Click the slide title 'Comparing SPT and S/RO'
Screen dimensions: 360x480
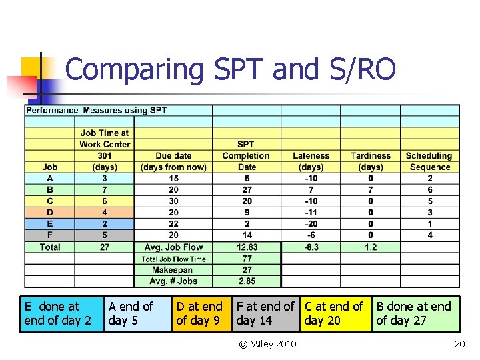click(x=230, y=70)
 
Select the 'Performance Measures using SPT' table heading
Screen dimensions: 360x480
click(x=96, y=110)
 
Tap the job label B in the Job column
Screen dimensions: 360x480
click(x=49, y=190)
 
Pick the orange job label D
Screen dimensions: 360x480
click(x=49, y=213)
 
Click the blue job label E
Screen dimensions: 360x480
click(x=49, y=224)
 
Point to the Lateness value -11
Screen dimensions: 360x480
click(x=311, y=213)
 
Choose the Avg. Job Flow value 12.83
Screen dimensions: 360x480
click(x=247, y=247)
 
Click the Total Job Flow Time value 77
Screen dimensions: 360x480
click(x=247, y=259)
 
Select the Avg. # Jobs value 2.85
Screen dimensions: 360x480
click(x=247, y=281)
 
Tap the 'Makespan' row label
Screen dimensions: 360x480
click(x=173, y=270)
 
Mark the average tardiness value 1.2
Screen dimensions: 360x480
click(x=371, y=247)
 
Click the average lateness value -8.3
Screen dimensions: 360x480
click(x=311, y=247)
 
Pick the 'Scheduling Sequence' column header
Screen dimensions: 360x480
click(x=429, y=161)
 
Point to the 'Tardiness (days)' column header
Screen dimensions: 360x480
click(x=371, y=161)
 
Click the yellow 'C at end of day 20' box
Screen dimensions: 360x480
click(x=335, y=314)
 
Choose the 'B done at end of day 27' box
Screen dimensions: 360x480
click(x=415, y=314)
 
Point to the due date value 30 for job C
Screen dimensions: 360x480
click(x=173, y=201)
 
